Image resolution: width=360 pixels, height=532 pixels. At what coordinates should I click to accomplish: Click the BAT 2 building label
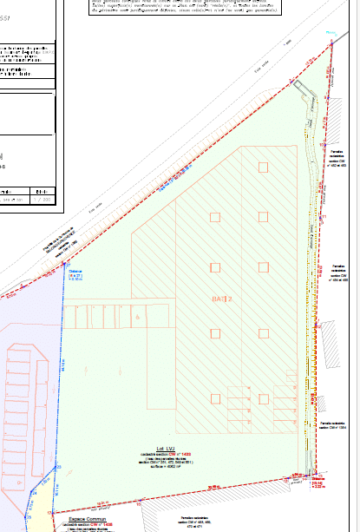point(223,298)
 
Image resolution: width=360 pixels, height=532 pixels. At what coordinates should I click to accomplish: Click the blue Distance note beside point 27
point(75,274)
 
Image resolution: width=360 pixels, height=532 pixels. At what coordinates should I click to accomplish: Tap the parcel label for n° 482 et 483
point(337,156)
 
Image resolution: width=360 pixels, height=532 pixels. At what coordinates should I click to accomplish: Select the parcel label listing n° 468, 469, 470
point(192,522)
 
